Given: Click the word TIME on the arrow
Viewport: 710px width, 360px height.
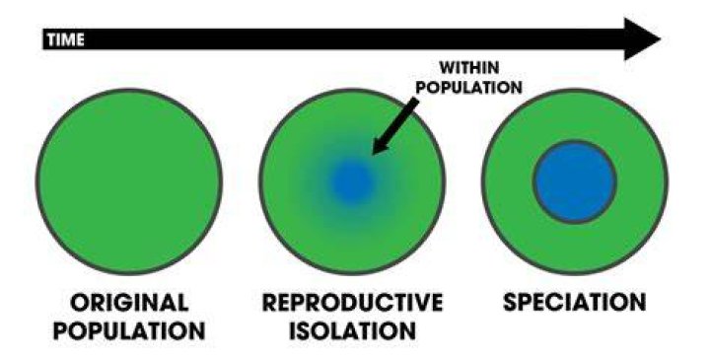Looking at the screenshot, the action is pyautogui.click(x=66, y=39).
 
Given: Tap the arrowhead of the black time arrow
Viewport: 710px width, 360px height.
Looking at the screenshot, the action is pyautogui.click(x=642, y=38).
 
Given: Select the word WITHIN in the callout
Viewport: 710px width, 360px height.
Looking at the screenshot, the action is pyautogui.click(x=469, y=68).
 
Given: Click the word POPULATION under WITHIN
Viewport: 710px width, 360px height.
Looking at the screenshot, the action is pyautogui.click(x=468, y=87).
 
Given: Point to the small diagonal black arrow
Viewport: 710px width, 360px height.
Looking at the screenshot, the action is pyautogui.click(x=394, y=127).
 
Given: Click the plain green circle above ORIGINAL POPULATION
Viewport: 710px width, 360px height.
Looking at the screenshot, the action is pyautogui.click(x=129, y=181).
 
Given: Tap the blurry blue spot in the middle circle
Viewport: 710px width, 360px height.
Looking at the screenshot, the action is pyautogui.click(x=352, y=182).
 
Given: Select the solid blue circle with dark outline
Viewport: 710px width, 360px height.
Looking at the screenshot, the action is pyautogui.click(x=574, y=181).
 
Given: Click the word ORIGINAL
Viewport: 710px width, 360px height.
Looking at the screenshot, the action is pyautogui.click(x=129, y=303).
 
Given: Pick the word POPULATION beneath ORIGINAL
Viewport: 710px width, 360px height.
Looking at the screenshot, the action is pyautogui.click(x=129, y=331).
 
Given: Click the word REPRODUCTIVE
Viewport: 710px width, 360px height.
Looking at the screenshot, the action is pyautogui.click(x=352, y=303).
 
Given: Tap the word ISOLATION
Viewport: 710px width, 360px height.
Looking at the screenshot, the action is pyautogui.click(x=352, y=331).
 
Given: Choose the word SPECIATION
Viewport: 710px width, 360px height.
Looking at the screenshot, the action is pyautogui.click(x=574, y=303).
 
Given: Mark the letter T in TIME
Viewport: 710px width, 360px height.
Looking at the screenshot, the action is pyautogui.click(x=52, y=39).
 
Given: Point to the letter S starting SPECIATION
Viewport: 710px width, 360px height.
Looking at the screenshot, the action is pyautogui.click(x=511, y=303).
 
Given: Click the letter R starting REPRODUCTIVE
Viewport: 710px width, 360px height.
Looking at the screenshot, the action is pyautogui.click(x=271, y=303).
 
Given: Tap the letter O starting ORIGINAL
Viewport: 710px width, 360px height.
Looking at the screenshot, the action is pyautogui.click(x=81, y=303).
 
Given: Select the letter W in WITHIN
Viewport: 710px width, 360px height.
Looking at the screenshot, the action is pyautogui.click(x=449, y=68).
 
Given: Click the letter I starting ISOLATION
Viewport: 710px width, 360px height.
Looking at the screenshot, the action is pyautogui.click(x=293, y=331).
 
